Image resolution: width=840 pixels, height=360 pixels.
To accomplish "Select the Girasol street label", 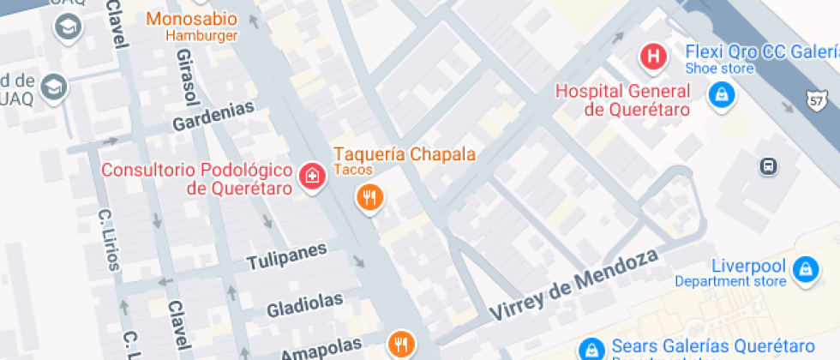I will click(186, 72).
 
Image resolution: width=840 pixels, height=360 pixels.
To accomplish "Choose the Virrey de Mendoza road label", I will click(573, 285).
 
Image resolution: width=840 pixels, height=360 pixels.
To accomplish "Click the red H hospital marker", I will click(654, 58).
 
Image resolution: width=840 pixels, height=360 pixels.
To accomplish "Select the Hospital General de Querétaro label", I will click(623, 100).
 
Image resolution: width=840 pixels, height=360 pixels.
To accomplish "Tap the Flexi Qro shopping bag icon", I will click(722, 95).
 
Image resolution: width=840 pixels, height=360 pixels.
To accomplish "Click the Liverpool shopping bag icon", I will click(805, 271).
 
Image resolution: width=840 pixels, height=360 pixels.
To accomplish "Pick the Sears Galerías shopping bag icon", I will click(591, 349).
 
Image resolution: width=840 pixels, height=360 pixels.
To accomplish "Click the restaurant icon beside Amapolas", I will click(400, 344).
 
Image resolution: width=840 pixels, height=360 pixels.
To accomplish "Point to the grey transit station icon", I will click(769, 166).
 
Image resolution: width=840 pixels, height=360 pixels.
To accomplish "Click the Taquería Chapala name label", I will click(404, 154).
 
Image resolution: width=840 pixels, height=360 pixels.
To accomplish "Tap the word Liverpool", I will click(748, 266).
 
